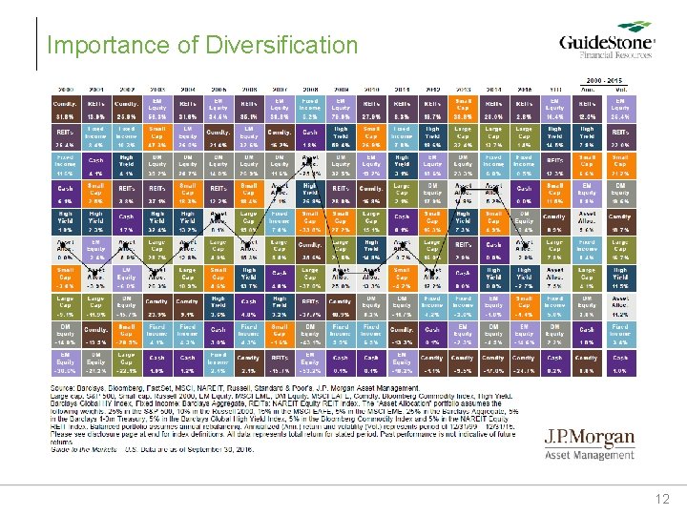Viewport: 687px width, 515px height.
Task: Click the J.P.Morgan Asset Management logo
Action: point(590,446)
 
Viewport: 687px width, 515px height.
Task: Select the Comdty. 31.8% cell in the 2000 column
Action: point(64,108)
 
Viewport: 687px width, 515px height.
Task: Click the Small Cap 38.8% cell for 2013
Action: point(464,108)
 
